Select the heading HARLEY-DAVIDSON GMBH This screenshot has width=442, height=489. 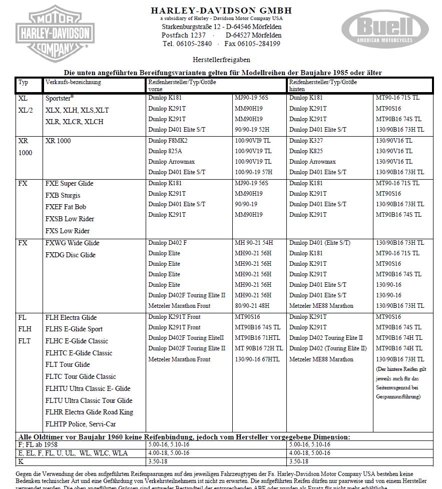(x=221, y=11)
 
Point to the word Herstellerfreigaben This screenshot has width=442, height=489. (x=221, y=59)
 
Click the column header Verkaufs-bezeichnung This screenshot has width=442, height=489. (x=73, y=82)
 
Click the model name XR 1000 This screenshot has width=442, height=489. (x=58, y=141)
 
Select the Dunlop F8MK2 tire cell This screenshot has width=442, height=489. (x=168, y=141)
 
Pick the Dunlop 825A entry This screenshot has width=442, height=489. (x=165, y=151)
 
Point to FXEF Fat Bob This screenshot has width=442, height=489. (x=66, y=207)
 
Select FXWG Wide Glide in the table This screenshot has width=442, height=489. (x=73, y=243)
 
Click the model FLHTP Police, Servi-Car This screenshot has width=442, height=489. (x=81, y=424)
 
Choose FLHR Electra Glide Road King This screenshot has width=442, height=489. (x=89, y=412)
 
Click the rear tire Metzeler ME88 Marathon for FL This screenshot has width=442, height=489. (x=321, y=359)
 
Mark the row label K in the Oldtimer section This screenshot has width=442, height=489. (x=21, y=460)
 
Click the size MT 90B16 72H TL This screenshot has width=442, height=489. (x=259, y=348)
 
